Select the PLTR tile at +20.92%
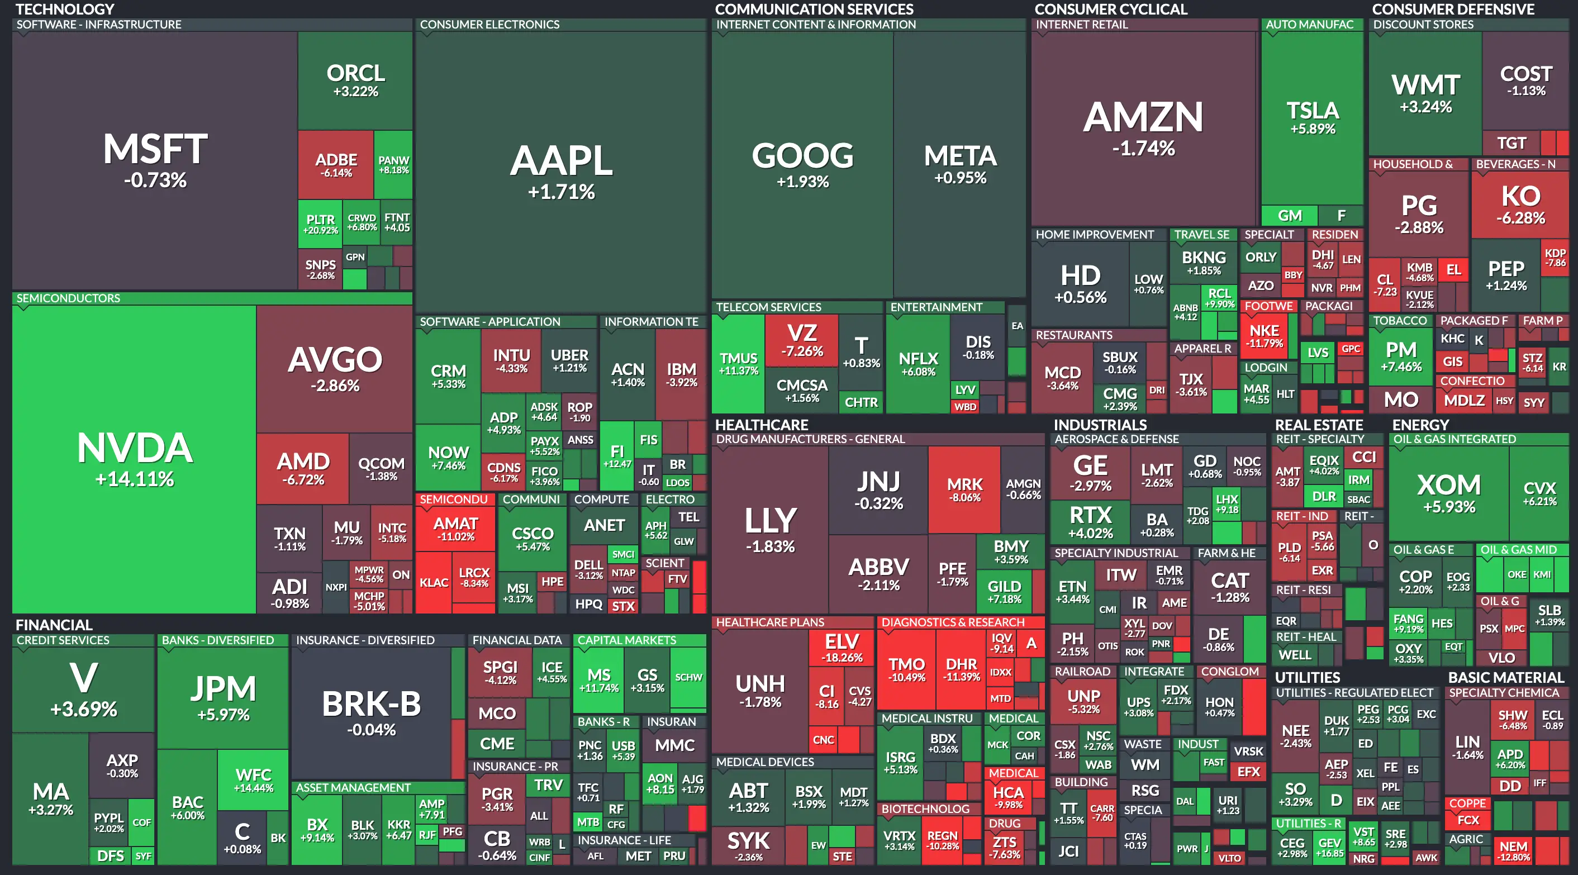coord(320,223)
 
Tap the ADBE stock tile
coord(336,164)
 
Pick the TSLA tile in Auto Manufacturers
coord(1312,116)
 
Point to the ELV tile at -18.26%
coord(842,648)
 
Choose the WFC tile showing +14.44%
coord(253,779)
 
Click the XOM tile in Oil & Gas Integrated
coord(1449,493)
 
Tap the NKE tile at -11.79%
coord(1265,335)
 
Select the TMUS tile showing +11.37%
coord(738,363)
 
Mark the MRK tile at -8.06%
coord(964,489)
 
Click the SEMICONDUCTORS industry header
coord(68,298)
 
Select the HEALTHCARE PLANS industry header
coord(770,622)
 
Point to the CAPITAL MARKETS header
coord(626,640)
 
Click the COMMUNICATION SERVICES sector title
coord(814,9)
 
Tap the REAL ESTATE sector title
coord(1319,425)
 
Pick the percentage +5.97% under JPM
coord(223,715)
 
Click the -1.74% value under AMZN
coord(1143,148)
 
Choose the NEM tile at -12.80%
coord(1514,850)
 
